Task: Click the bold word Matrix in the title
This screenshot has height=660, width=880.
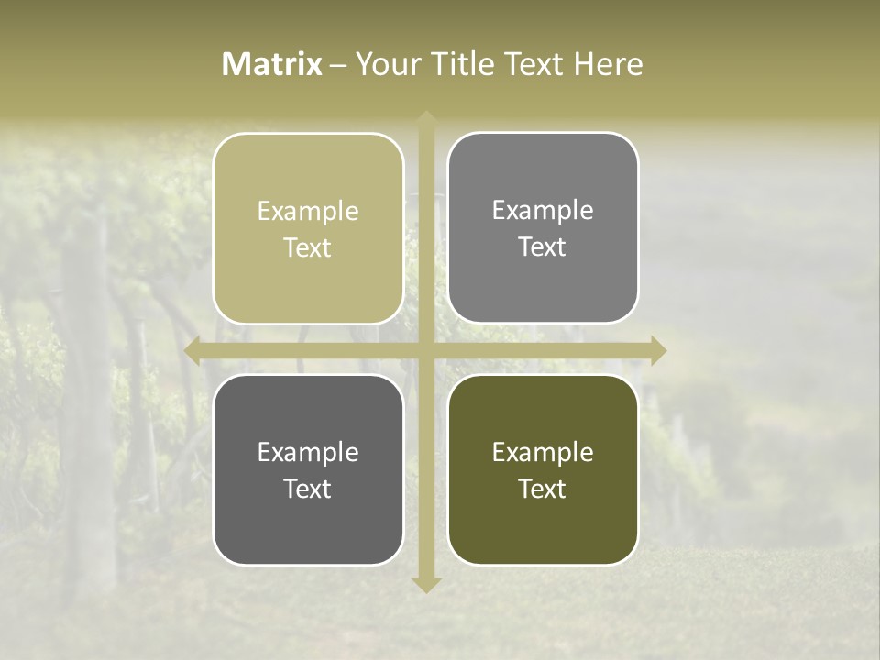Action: [272, 64]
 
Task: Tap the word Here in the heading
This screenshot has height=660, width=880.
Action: [609, 64]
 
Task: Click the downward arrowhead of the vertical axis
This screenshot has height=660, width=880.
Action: [426, 584]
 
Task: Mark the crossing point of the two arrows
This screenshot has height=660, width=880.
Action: [426, 350]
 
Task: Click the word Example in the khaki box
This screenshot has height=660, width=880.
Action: [308, 212]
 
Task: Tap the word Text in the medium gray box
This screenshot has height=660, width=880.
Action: [543, 247]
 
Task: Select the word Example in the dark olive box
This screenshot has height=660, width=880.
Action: [543, 452]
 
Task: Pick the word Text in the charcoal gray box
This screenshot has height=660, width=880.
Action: [308, 489]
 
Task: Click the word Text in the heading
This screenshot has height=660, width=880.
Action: [532, 64]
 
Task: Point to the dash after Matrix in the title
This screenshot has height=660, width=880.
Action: [338, 65]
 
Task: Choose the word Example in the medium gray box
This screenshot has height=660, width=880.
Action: [543, 211]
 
